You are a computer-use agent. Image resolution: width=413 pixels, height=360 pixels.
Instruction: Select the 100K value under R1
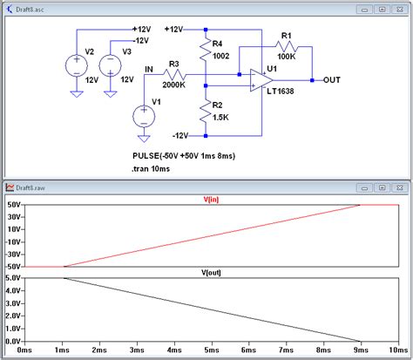288,56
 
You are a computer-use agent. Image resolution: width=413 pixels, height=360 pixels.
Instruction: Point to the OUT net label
333,80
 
